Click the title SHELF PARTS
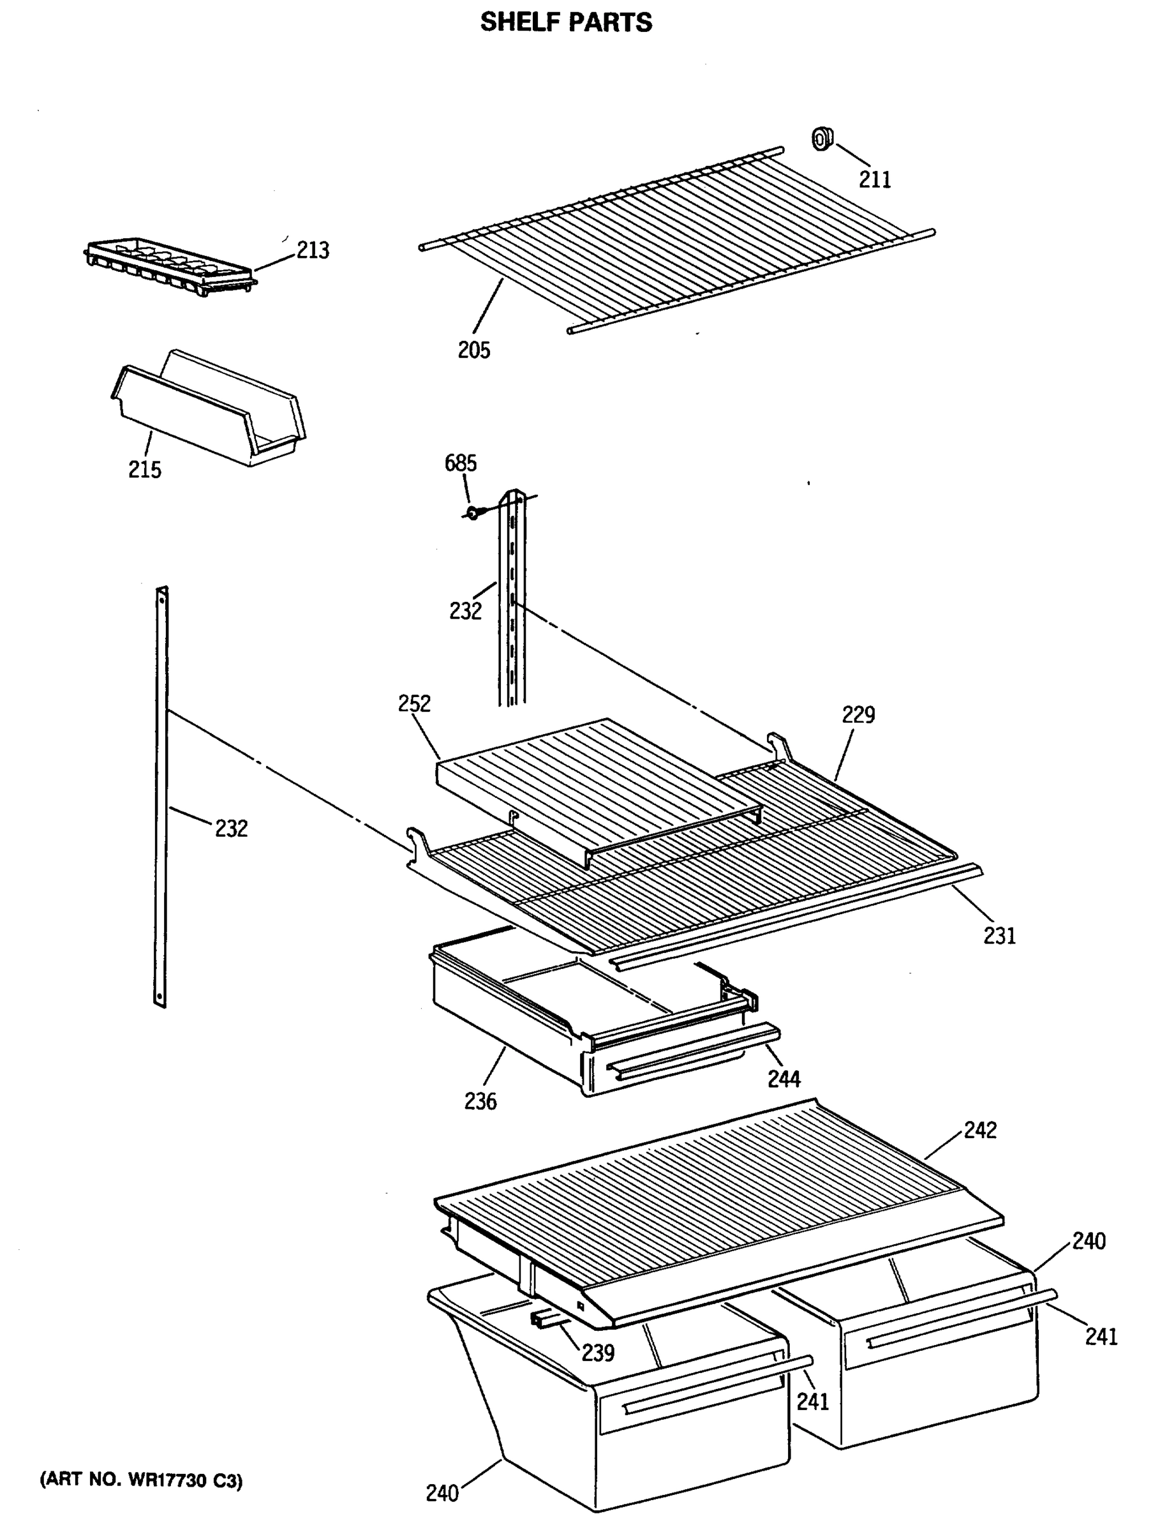click(566, 22)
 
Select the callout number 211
click(875, 179)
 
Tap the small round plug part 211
click(822, 139)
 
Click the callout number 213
click(313, 250)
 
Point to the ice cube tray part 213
click(171, 267)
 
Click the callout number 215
click(144, 470)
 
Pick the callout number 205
click(473, 349)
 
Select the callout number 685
click(461, 463)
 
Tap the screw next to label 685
click(472, 514)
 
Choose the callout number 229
click(859, 714)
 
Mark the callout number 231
click(999, 936)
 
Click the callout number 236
click(480, 1101)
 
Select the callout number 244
click(784, 1078)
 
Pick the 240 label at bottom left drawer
click(442, 1493)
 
